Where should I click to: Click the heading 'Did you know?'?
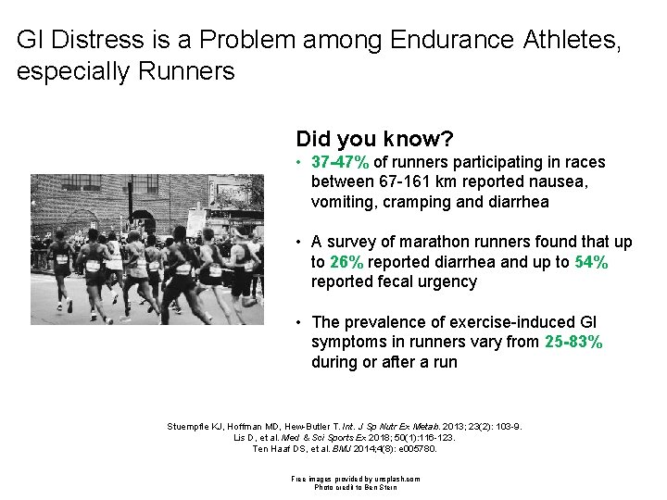(374, 139)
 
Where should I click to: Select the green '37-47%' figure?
(341, 162)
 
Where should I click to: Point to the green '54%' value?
(591, 262)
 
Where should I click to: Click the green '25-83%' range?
(572, 343)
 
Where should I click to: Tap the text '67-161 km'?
(415, 182)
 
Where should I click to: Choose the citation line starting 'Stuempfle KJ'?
(343, 427)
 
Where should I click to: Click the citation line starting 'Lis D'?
(343, 438)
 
